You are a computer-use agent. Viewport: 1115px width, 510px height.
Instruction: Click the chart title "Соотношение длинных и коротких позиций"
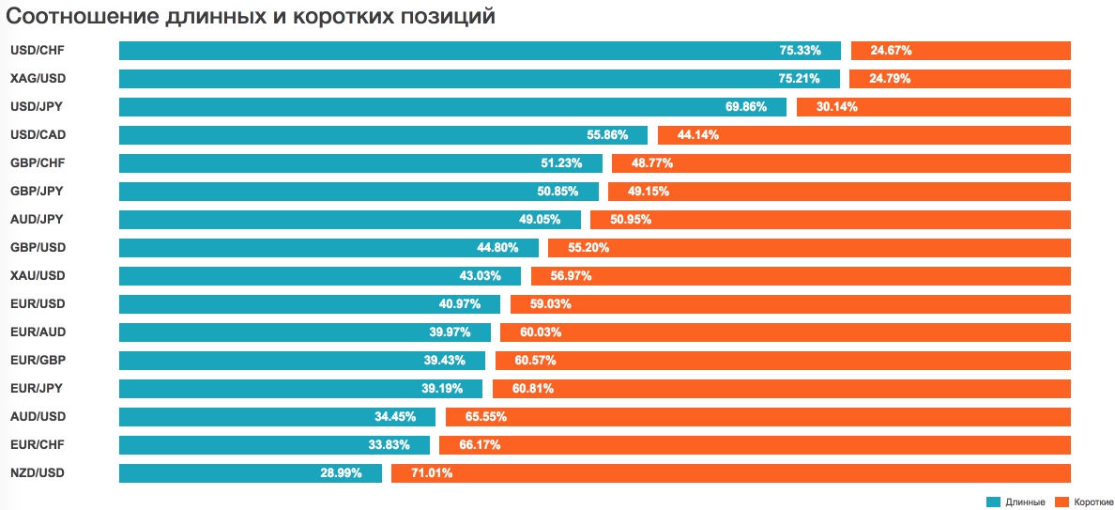(252, 17)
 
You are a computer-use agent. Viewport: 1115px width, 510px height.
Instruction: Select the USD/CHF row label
(38, 51)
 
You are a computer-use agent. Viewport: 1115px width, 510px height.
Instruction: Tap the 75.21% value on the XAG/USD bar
(800, 79)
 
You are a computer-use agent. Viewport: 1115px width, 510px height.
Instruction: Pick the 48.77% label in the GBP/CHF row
(652, 163)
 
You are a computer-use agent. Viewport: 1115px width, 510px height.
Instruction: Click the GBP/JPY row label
(37, 192)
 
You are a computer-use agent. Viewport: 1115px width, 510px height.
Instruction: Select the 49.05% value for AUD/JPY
(541, 220)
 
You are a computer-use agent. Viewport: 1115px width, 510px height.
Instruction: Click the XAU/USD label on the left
(38, 276)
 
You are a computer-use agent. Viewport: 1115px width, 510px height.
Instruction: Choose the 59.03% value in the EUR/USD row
(551, 304)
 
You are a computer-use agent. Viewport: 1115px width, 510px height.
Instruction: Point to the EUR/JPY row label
(37, 389)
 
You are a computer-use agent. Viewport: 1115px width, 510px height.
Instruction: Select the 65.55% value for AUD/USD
(486, 417)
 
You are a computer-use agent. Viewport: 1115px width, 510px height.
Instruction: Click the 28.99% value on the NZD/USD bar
(341, 473)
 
